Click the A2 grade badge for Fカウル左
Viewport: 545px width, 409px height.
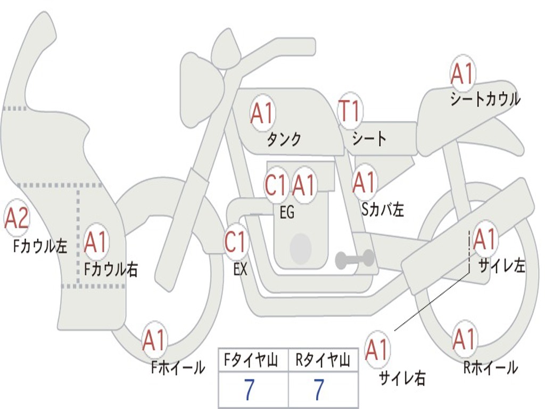tap(16, 218)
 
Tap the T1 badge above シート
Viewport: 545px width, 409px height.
tap(350, 111)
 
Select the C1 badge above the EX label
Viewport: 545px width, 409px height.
tap(236, 242)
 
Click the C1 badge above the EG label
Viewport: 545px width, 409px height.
tap(276, 185)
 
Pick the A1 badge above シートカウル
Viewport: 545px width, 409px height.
tap(463, 73)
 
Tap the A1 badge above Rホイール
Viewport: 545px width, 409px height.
tap(465, 339)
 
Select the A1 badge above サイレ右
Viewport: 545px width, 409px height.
tap(377, 349)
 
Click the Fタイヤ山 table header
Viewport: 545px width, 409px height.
tap(251, 361)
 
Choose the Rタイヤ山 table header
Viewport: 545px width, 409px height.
tap(323, 361)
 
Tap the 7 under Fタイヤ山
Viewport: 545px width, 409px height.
tap(250, 389)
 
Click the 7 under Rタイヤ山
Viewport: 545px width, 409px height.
tap(319, 389)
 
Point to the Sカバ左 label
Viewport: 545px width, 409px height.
tap(383, 209)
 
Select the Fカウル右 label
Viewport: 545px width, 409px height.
tap(111, 269)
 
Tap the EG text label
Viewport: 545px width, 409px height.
tap(287, 212)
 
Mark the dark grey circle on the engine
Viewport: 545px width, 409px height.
tap(301, 248)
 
